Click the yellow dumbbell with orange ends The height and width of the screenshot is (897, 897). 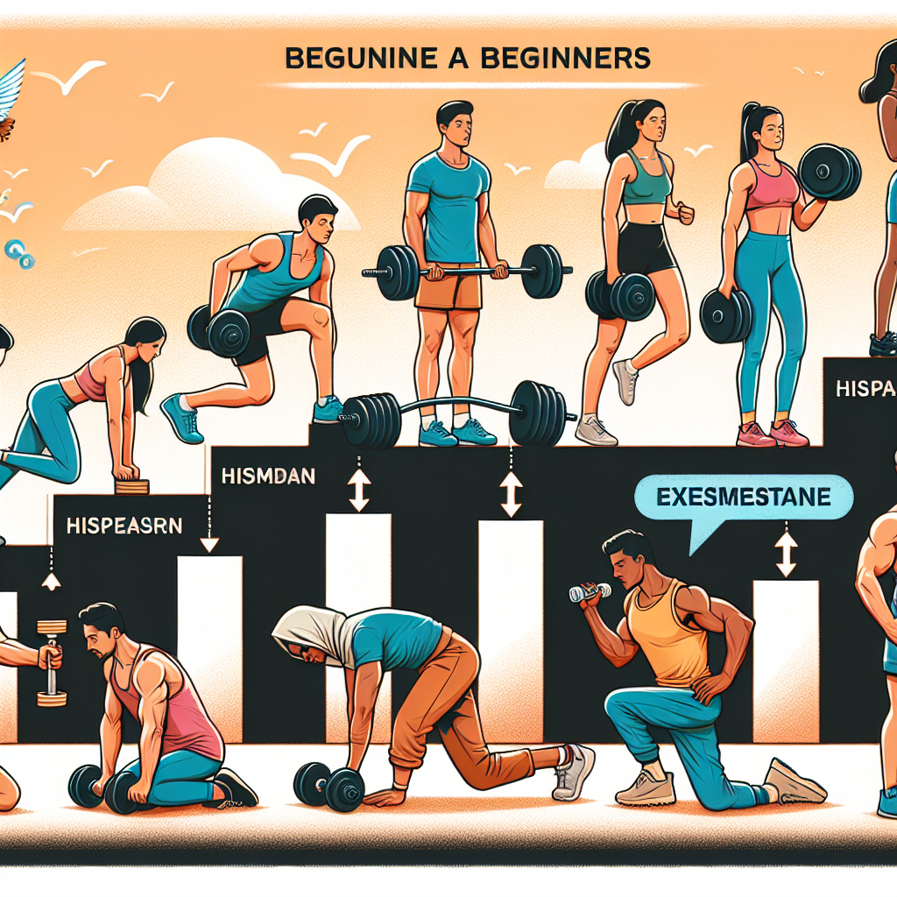[x=51, y=661]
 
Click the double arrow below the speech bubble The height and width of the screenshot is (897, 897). [x=786, y=553]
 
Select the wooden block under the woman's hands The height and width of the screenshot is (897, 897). [x=132, y=486]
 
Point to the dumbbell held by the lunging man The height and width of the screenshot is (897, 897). [x=219, y=331]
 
